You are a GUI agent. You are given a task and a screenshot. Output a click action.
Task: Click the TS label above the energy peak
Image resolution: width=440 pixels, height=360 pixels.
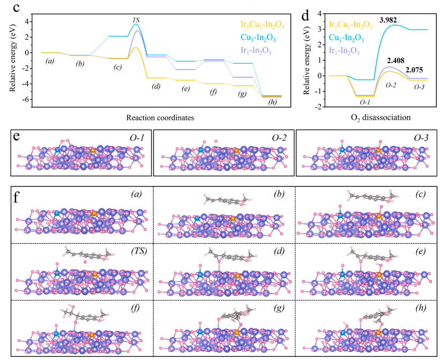pyautogui.click(x=136, y=20)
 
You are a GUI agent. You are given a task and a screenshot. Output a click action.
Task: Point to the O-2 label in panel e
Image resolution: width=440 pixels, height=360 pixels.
pyautogui.click(x=278, y=139)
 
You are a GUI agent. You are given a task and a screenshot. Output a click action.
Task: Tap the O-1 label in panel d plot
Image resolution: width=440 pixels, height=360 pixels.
pyautogui.click(x=365, y=101)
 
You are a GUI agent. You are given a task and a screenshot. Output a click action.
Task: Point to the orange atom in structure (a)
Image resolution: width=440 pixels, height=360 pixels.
pyautogui.click(x=94, y=213)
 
